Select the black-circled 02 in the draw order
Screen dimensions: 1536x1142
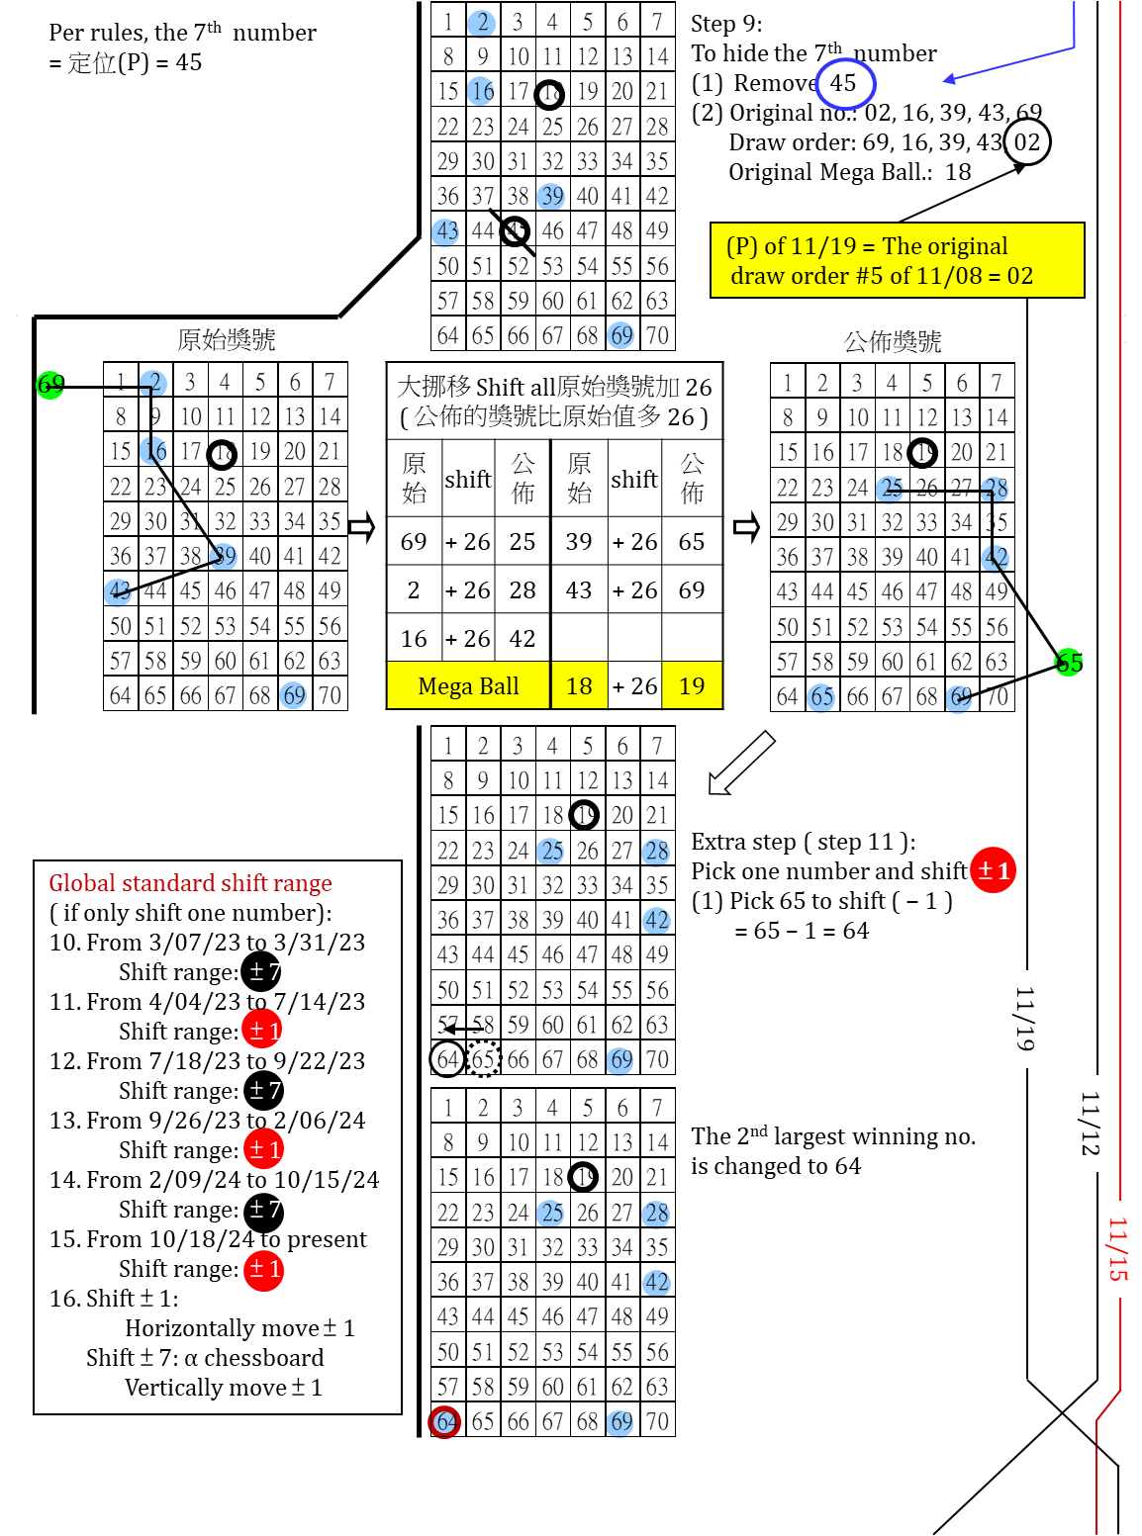click(x=1027, y=141)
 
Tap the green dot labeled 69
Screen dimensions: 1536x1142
click(x=49, y=384)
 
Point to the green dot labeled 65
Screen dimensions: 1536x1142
click(x=1069, y=662)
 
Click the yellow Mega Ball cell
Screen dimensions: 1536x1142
click(x=468, y=686)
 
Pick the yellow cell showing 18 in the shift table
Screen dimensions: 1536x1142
click(x=579, y=686)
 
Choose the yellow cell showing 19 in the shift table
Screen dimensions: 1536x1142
click(x=692, y=686)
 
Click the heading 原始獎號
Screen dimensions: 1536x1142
click(x=227, y=340)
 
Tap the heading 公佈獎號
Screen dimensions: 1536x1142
click(x=893, y=342)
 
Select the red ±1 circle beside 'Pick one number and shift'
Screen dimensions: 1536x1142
click(x=993, y=870)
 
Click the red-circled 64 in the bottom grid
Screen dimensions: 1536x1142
click(x=445, y=1422)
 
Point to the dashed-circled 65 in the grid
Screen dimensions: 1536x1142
click(x=483, y=1059)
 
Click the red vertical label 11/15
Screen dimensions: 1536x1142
click(x=1117, y=1249)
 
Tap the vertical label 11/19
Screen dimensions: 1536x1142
click(x=1025, y=1019)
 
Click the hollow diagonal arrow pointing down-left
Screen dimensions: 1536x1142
click(x=740, y=764)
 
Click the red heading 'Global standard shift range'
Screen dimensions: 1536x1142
click(x=190, y=883)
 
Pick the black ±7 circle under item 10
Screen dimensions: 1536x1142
click(x=262, y=972)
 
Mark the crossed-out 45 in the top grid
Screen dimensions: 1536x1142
click(x=516, y=231)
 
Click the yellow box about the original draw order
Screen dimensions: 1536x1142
click(x=897, y=260)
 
